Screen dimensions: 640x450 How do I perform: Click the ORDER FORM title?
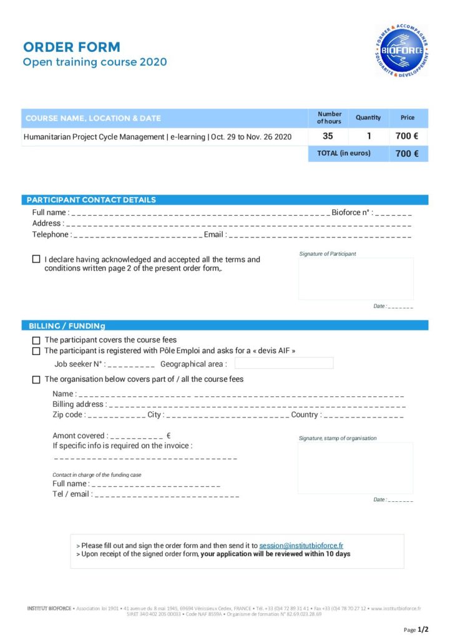coord(72,47)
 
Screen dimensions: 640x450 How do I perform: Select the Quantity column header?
coord(368,117)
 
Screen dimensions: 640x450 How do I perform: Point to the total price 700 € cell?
coord(407,153)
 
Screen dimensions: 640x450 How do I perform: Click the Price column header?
coord(407,117)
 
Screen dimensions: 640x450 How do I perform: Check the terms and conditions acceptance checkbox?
coord(36,259)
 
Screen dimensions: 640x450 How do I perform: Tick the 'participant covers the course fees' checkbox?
coord(36,341)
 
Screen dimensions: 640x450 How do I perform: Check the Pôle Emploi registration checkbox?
coord(36,351)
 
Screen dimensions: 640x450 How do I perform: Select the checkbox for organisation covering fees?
coord(36,379)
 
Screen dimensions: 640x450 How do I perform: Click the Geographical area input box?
coord(284,363)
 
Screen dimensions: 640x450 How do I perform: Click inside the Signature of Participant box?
coord(356,279)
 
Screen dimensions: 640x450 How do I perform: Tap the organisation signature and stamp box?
coord(355,468)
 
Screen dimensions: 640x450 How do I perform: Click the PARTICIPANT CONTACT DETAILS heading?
coord(91,200)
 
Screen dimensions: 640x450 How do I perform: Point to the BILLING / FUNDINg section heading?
coord(67,326)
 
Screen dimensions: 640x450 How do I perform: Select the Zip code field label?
coord(68,415)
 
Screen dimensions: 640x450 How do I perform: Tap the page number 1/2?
coord(423,629)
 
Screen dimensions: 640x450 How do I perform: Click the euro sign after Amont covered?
coord(169,436)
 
